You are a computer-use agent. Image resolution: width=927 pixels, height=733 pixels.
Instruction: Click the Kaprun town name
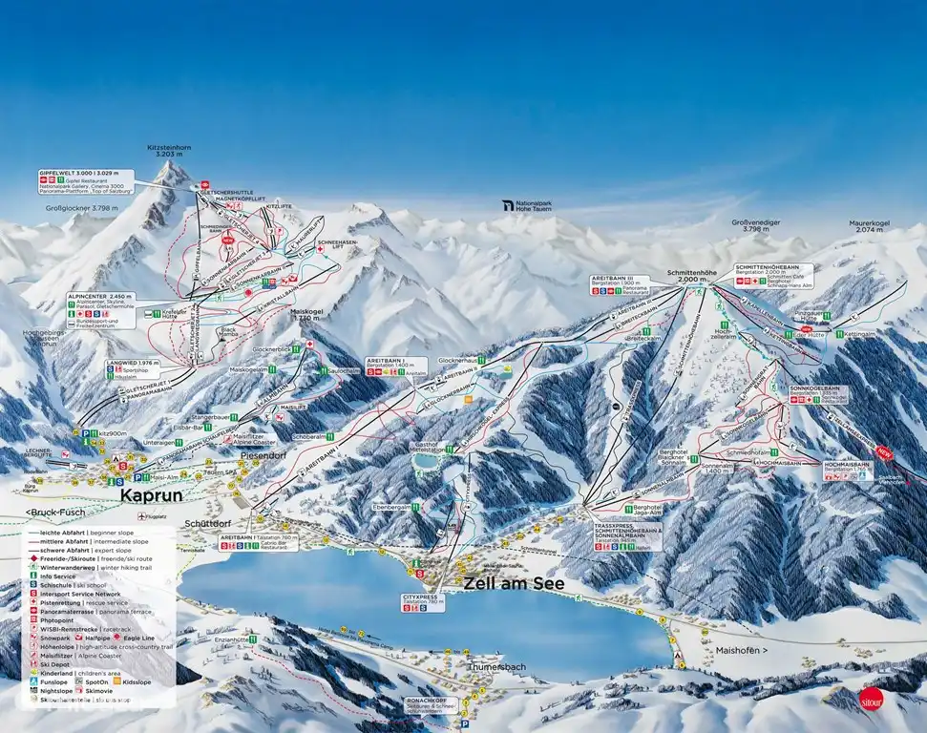(150, 496)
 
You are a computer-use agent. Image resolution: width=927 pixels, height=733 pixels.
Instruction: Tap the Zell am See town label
(515, 583)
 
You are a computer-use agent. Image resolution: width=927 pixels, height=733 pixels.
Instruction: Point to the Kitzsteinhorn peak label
(170, 154)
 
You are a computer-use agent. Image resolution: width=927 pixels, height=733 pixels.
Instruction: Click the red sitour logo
(870, 698)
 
